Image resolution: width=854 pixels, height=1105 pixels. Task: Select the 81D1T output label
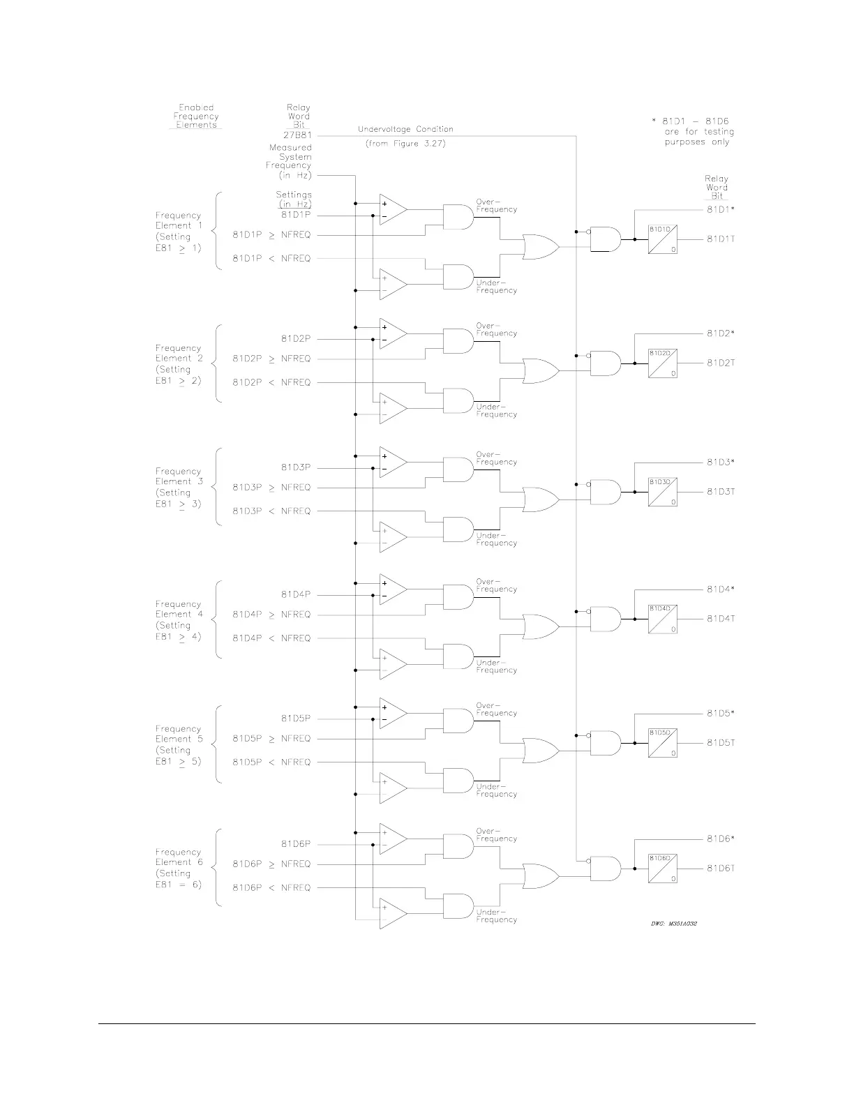click(721, 239)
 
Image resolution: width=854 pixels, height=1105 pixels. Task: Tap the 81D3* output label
click(721, 462)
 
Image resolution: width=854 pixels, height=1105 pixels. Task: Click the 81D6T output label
click(721, 869)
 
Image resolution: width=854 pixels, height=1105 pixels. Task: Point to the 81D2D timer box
click(662, 363)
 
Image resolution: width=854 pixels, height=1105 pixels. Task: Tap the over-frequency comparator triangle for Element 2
click(393, 333)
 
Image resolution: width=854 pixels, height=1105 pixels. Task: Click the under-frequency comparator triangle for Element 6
click(393, 914)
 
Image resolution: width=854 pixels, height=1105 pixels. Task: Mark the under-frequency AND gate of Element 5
click(458, 781)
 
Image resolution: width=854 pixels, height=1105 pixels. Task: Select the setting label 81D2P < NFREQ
click(271, 382)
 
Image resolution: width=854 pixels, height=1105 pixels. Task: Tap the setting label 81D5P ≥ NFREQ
click(271, 738)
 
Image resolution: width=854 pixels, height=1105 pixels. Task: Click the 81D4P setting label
click(296, 594)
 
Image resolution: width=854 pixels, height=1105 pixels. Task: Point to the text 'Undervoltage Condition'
click(405, 129)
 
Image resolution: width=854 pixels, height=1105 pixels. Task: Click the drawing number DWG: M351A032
click(669, 923)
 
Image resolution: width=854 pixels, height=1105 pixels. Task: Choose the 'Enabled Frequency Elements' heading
click(196, 116)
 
